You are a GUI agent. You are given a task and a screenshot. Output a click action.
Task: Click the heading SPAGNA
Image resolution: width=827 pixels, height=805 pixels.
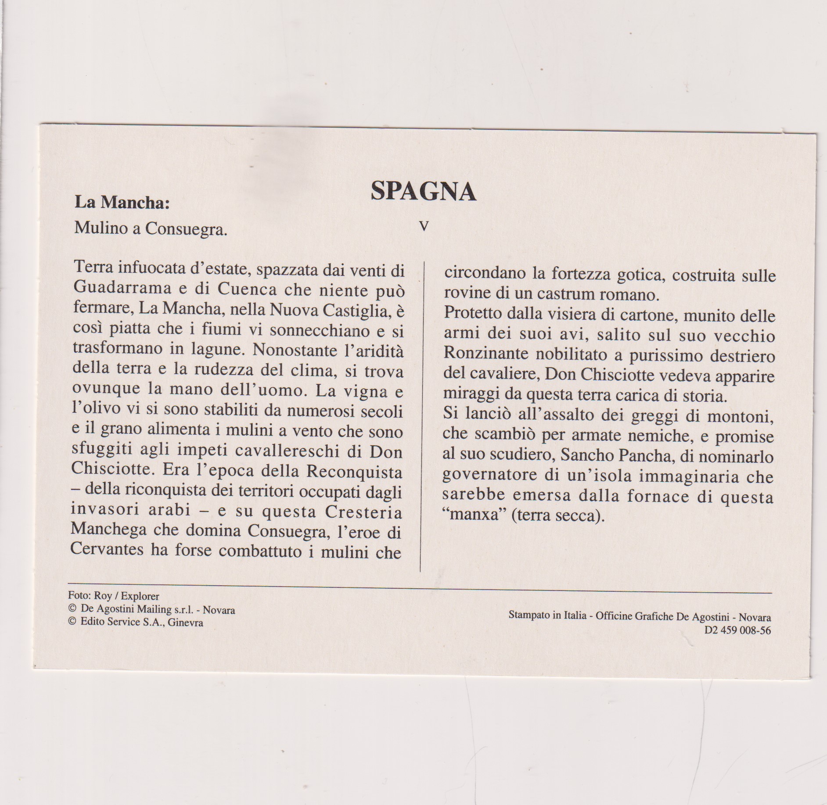point(423,192)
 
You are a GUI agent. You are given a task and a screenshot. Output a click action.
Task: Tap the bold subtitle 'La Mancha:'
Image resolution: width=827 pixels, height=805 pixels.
point(122,202)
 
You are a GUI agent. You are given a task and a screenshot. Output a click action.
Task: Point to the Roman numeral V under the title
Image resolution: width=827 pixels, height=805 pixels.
point(424,226)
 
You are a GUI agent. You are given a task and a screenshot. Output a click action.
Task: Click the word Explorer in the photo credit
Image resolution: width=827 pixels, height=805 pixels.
point(140,596)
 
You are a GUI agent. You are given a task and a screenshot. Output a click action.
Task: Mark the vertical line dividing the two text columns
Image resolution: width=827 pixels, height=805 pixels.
point(421,417)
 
